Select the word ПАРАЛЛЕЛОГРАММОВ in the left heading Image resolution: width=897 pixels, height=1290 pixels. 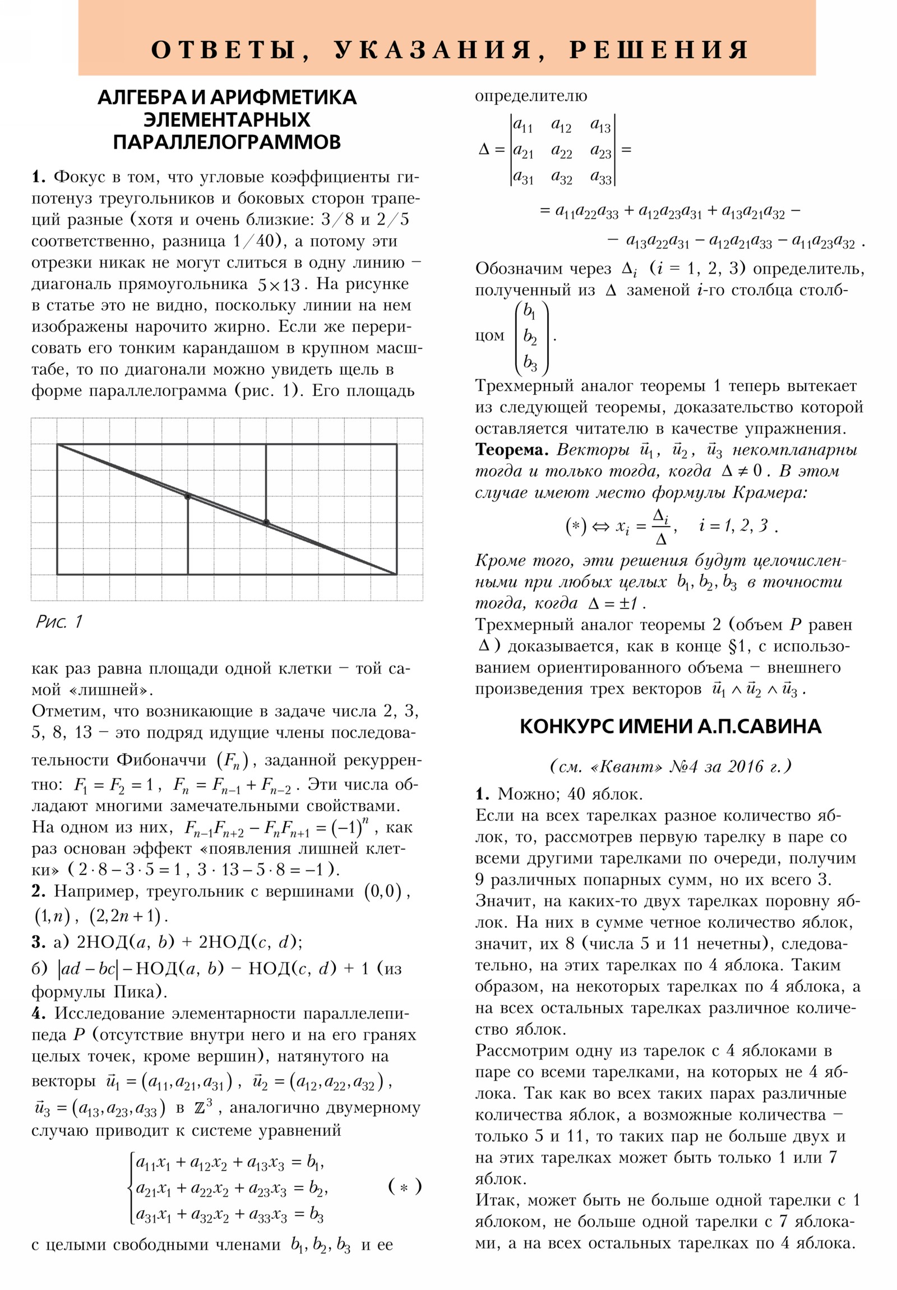click(226, 141)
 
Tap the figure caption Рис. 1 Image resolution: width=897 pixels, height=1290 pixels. click(58, 621)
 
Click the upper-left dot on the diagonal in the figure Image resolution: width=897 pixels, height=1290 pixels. click(188, 496)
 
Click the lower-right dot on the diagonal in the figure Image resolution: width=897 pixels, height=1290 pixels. click(266, 523)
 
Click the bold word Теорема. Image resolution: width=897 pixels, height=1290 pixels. click(512, 450)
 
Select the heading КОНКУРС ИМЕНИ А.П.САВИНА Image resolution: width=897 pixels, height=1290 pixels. click(670, 727)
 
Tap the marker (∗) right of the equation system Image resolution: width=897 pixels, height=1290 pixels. click(404, 1187)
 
